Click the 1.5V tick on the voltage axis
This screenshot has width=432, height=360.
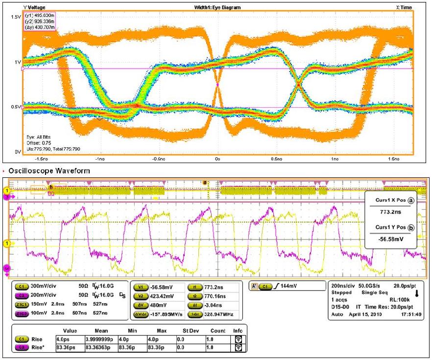pyautogui.click(x=15, y=17)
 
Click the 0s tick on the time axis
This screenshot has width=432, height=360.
pyautogui.click(x=217, y=159)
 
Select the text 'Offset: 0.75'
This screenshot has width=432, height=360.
pyautogui.click(x=40, y=143)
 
